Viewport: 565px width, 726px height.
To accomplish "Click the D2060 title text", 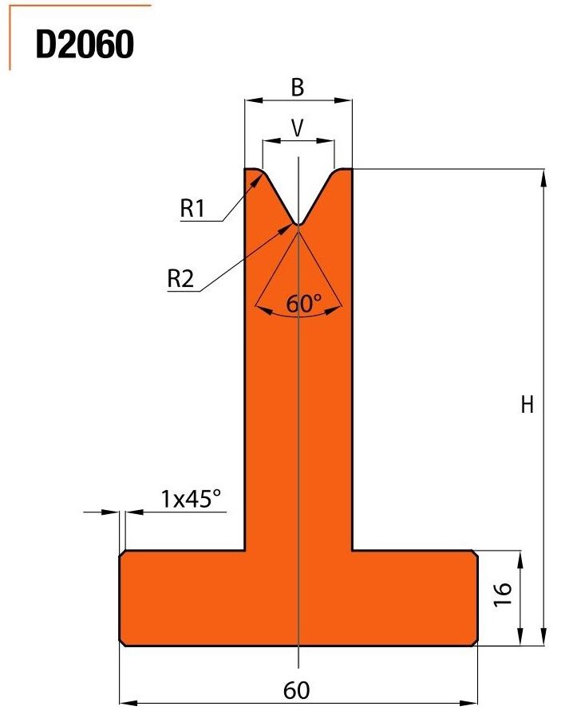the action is (x=85, y=45).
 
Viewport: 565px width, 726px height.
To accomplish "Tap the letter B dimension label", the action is (x=298, y=87).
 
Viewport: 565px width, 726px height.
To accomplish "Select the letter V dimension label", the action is (x=298, y=128).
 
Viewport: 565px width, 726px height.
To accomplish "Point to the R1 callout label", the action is (x=192, y=208).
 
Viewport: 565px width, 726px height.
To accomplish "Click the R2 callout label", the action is (x=180, y=279).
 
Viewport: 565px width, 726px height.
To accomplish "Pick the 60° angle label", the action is (x=303, y=304).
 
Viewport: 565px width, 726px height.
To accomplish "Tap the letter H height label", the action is (x=527, y=405).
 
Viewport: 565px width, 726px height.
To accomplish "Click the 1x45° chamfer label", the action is (x=191, y=499).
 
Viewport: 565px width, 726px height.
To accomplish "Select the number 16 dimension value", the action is (x=503, y=594).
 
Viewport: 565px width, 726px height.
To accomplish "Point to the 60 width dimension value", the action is (x=296, y=690).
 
